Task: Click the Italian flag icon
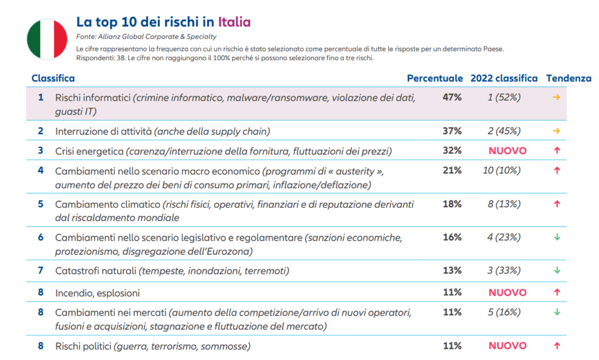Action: click(47, 39)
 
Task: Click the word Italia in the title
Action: click(234, 22)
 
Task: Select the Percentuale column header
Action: click(435, 78)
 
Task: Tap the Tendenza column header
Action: click(569, 78)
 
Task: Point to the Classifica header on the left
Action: click(53, 78)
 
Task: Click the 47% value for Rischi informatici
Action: click(452, 97)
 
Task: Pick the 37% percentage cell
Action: click(452, 131)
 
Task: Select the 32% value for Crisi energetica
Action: click(452, 150)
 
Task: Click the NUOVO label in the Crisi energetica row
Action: click(507, 151)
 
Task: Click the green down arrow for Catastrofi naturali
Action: click(557, 270)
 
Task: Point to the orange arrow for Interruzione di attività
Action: click(556, 131)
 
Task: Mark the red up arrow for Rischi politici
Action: click(557, 346)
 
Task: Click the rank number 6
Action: click(40, 237)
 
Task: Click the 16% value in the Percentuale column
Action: click(452, 237)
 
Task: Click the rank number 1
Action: click(40, 97)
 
